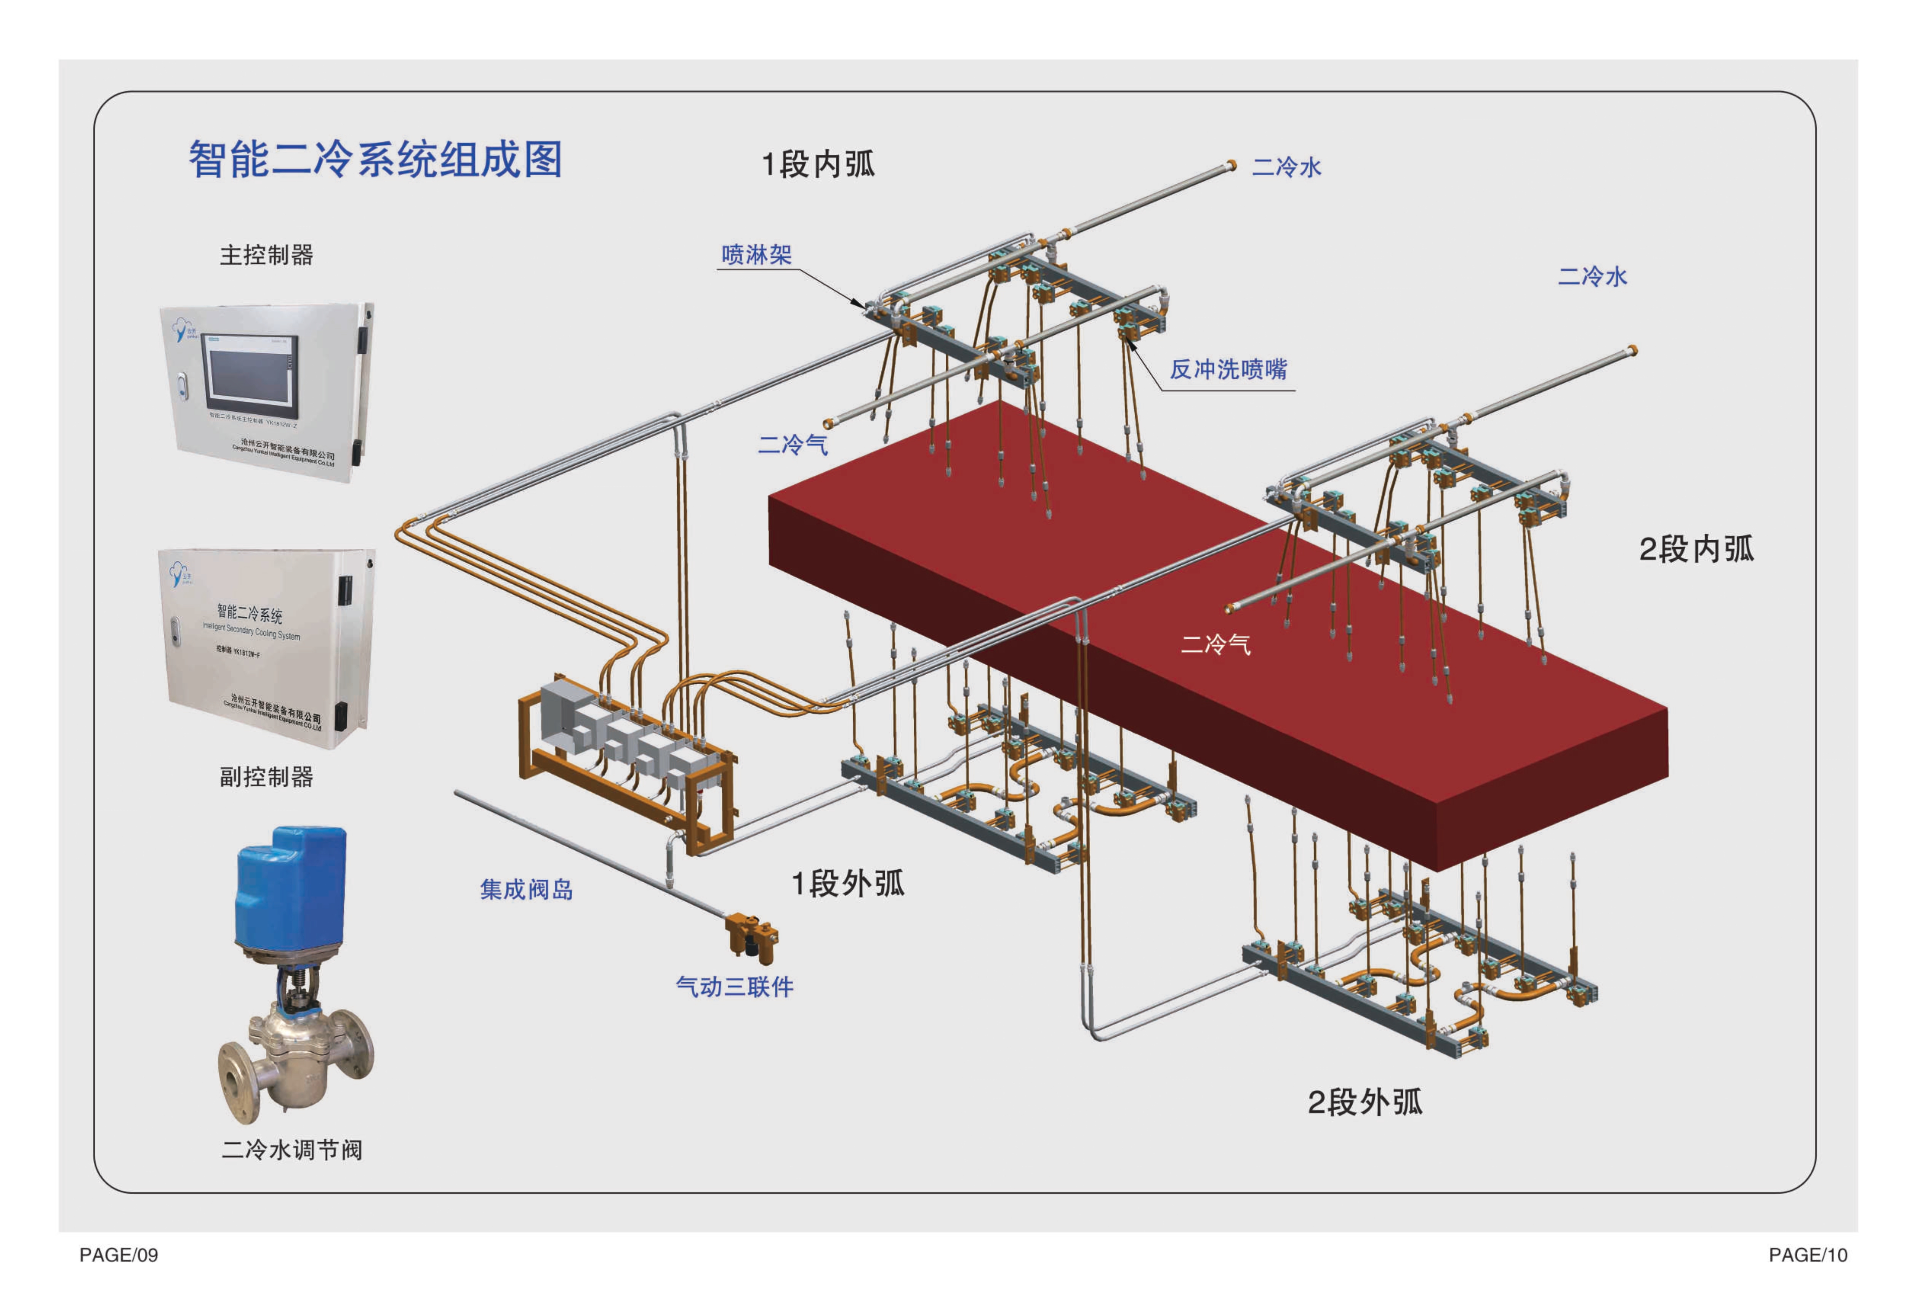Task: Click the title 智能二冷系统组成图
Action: coord(375,159)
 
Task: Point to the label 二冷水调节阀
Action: coord(292,1150)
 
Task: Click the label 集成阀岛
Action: coord(526,889)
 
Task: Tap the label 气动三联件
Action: coord(734,987)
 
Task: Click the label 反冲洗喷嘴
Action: coord(1228,370)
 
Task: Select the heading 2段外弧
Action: coord(1365,1102)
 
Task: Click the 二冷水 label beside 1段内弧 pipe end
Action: coord(1287,167)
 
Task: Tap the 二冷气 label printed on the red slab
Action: coord(1216,644)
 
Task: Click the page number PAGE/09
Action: coord(119,1255)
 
